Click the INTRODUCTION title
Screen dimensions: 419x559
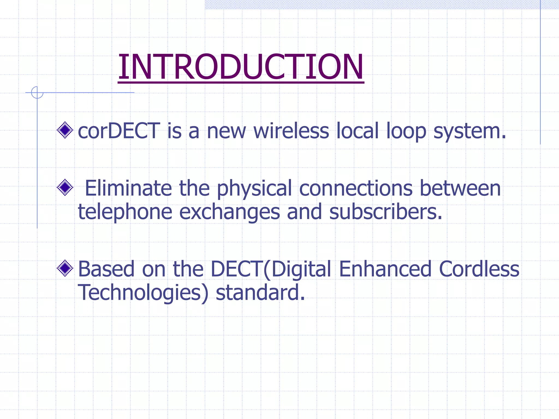241,67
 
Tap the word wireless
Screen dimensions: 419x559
291,131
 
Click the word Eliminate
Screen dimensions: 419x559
128,188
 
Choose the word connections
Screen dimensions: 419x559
356,188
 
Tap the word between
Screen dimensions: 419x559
460,188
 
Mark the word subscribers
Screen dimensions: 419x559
385,212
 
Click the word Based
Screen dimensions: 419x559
106,269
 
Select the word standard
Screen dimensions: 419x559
260,292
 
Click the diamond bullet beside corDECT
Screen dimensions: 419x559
65,130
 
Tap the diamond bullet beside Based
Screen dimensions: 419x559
65,268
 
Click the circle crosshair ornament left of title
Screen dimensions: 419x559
37,92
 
